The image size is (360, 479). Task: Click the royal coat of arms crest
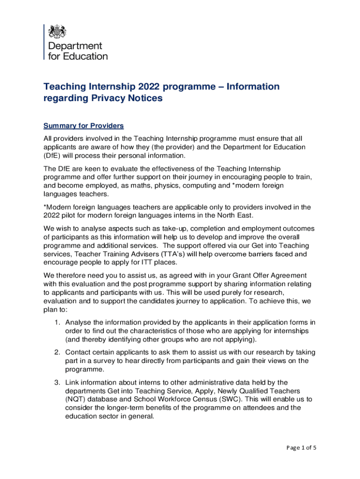pos(58,31)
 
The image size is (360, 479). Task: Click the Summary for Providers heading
pos(83,126)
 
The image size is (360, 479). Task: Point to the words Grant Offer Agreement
pos(268,276)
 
